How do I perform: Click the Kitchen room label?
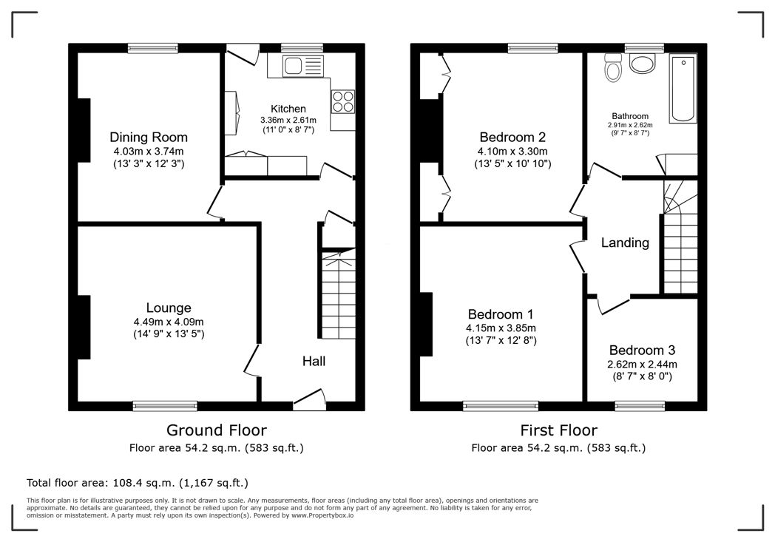coord(288,109)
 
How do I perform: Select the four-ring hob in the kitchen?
coord(343,101)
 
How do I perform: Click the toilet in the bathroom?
coord(613,68)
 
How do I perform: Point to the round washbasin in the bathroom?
coord(643,64)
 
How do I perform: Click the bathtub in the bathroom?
coord(683,89)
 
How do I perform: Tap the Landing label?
coord(625,243)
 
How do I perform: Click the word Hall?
coord(314,361)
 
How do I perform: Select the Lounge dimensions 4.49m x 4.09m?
coord(169,322)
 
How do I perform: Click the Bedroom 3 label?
coord(642,350)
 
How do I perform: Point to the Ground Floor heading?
coord(217,430)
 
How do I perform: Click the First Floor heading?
coord(558,430)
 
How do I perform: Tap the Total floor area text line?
coord(138,483)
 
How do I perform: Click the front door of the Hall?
coord(309,400)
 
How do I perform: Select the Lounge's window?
coord(165,406)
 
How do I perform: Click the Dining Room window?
coord(153,48)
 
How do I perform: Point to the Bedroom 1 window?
coord(501,406)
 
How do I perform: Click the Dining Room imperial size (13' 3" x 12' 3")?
coord(149,164)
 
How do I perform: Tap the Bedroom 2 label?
coord(512,137)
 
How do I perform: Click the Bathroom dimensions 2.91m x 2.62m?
coord(630,125)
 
